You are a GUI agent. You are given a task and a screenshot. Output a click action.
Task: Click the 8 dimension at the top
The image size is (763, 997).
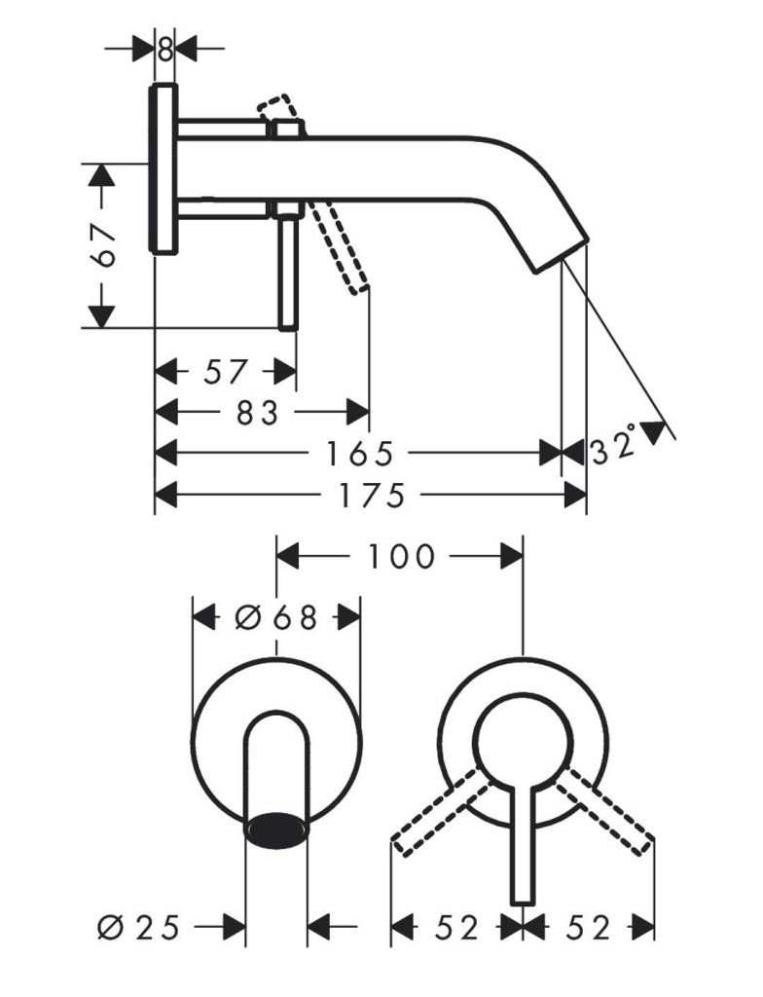point(165,50)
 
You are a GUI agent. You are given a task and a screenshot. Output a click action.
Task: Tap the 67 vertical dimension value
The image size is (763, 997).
point(103,244)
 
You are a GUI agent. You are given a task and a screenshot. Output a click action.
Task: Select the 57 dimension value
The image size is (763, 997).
point(225,372)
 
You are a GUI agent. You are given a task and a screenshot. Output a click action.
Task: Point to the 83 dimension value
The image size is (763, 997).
point(258,413)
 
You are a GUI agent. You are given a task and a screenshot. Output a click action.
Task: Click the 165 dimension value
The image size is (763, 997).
point(360,454)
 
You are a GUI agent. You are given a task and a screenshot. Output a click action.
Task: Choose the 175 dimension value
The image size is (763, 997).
point(372,496)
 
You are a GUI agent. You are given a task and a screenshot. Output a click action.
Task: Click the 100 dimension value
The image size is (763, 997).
point(402,556)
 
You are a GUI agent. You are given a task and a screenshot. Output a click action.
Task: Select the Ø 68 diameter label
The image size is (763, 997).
point(275,616)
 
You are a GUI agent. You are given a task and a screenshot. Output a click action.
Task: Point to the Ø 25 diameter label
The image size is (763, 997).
point(139,927)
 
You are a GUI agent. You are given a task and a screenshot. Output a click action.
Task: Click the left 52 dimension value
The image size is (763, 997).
point(457,928)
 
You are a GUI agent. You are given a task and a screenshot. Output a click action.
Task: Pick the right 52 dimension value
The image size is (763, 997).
point(588,928)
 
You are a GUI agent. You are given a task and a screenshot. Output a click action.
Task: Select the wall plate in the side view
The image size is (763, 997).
point(163,169)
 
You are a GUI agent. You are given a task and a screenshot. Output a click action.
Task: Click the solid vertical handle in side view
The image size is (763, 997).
point(287,267)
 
